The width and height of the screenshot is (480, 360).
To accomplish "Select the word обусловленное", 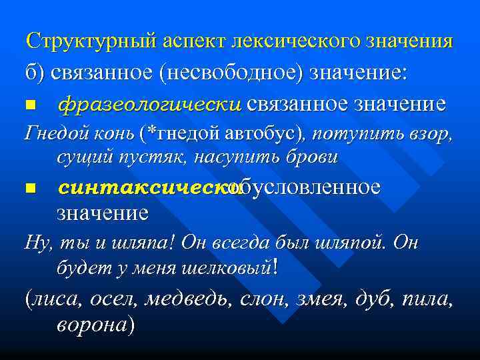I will click(x=304, y=187).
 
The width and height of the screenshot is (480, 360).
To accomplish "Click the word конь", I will click(x=114, y=134).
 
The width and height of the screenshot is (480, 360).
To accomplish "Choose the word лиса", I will click(x=55, y=300).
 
